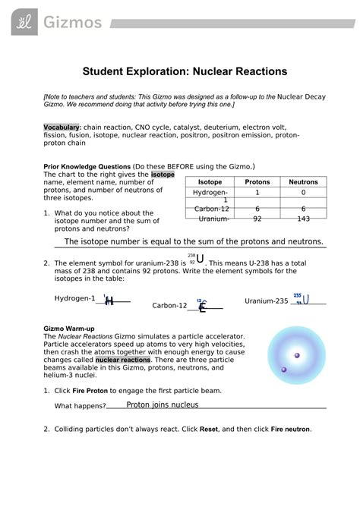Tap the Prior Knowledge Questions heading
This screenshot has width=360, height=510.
[87, 166]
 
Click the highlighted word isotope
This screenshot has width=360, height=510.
[163, 175]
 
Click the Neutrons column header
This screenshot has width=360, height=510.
[304, 183]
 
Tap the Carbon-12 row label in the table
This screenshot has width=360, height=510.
[211, 209]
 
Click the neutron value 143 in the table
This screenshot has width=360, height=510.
[304, 219]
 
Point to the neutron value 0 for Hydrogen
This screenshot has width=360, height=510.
[304, 194]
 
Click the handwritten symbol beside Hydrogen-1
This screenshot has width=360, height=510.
[109, 300]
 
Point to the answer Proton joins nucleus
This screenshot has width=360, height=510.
[162, 405]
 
